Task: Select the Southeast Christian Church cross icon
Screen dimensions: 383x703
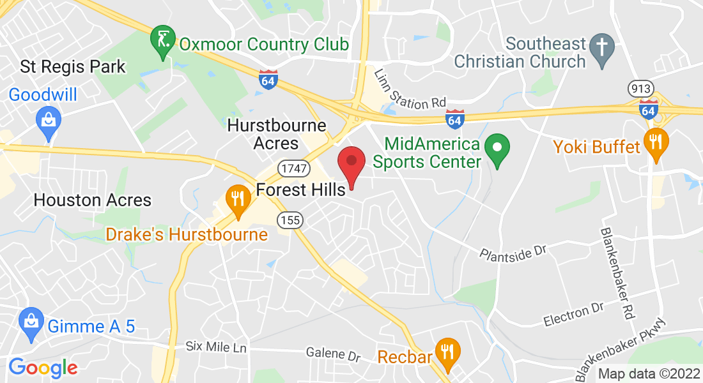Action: [x=601, y=49]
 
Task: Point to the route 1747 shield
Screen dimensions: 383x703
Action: [x=289, y=168]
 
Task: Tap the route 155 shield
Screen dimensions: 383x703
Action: [x=289, y=220]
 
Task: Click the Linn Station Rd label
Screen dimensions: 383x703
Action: [x=410, y=89]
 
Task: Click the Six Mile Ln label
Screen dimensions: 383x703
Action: [x=215, y=347]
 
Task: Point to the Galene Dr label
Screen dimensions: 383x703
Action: [x=333, y=353]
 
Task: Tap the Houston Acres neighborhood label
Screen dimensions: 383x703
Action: [x=93, y=200]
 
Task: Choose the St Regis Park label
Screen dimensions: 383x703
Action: [x=73, y=66]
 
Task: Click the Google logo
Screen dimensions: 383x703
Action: [x=43, y=367]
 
